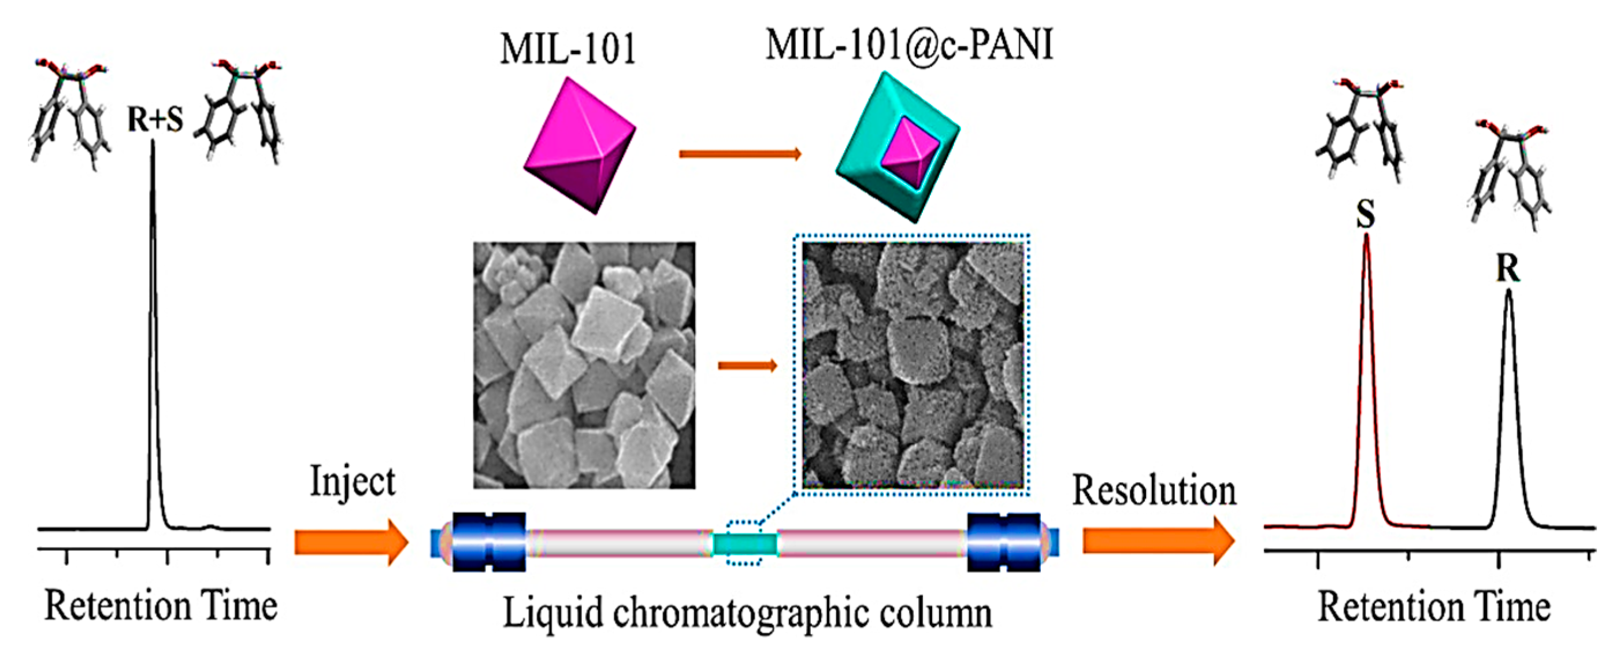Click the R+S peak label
click(155, 119)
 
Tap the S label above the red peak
click(1365, 214)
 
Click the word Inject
click(353, 483)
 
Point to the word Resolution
click(1154, 490)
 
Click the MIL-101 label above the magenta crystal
click(568, 49)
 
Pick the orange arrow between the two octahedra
click(740, 153)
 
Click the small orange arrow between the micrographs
click(747, 365)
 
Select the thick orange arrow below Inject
click(351, 542)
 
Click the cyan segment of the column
click(745, 543)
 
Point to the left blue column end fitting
click(488, 542)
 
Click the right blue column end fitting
click(1004, 542)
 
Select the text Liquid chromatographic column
click(747, 613)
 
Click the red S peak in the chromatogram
click(1366, 377)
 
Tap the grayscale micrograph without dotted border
click(584, 365)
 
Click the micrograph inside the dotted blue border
click(913, 365)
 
